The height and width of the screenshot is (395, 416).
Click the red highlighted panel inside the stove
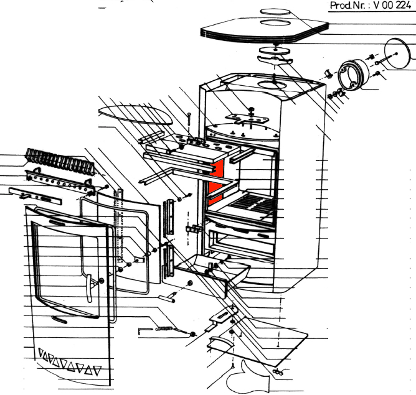(x=216, y=183)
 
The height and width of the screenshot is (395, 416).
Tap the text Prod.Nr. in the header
(x=349, y=7)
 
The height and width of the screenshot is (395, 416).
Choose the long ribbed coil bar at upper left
(x=60, y=163)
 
